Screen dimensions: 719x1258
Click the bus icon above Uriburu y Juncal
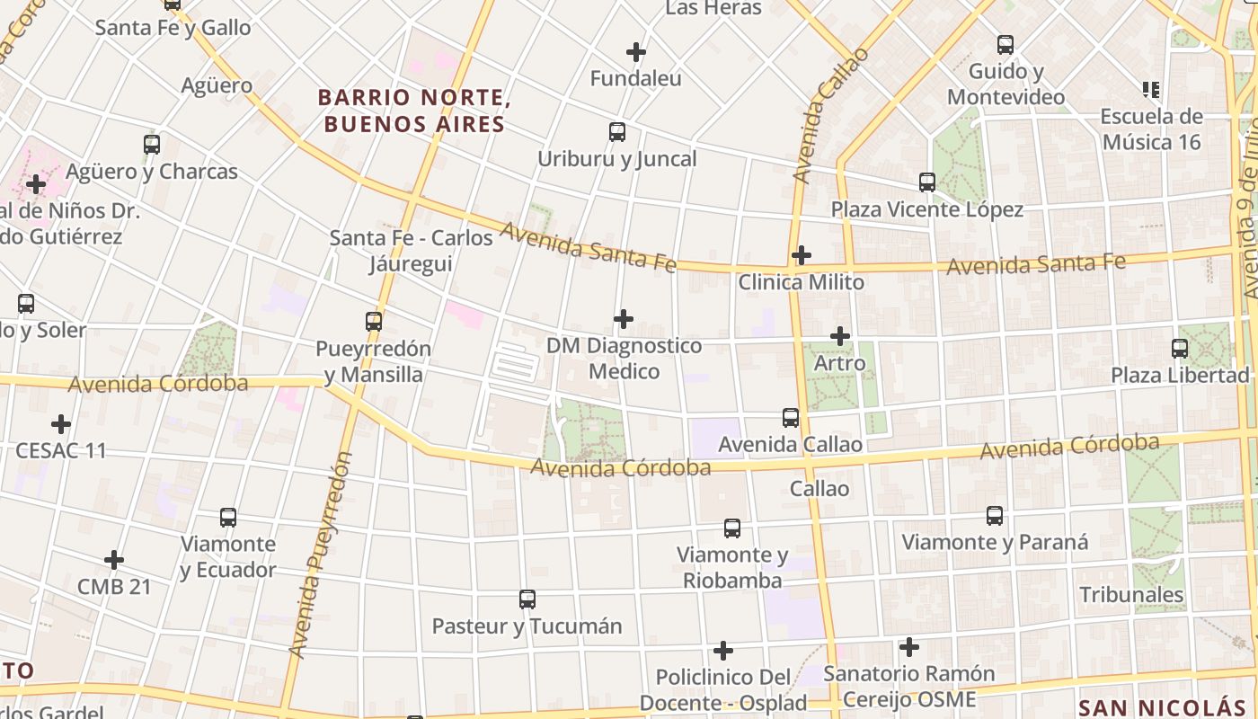coord(617,132)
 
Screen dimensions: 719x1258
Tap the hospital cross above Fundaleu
coord(636,52)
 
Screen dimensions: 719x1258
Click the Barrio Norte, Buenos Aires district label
coord(414,111)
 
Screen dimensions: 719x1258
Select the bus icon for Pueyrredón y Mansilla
coord(374,321)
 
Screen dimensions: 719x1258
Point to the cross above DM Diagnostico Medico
coord(624,319)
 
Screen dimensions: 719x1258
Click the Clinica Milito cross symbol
coord(801,255)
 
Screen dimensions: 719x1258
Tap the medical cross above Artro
coord(840,336)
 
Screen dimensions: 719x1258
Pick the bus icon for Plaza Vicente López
coord(927,182)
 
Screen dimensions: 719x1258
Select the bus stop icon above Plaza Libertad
coord(1180,348)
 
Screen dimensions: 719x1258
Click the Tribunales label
coord(1131,595)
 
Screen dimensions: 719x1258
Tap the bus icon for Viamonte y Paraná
coord(995,516)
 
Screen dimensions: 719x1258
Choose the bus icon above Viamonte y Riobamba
coord(732,528)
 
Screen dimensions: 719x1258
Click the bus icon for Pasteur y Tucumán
coord(527,599)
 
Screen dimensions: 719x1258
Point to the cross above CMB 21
coord(114,560)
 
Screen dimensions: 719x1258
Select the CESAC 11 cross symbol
coord(61,423)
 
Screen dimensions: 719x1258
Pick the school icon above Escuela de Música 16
coord(1151,89)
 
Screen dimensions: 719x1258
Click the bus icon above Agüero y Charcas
coord(152,144)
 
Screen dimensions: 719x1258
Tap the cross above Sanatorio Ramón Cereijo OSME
coord(909,647)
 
